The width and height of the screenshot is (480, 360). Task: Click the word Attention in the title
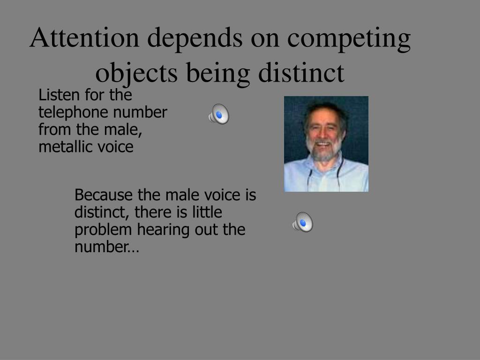[84, 37]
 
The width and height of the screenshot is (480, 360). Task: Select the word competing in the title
[349, 39]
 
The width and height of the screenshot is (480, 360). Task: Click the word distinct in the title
[301, 73]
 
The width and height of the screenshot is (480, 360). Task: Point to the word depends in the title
[195, 39]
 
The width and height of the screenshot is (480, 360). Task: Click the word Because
[104, 195]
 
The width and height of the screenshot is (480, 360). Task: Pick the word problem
[103, 230]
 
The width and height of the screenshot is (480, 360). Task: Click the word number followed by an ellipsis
[106, 247]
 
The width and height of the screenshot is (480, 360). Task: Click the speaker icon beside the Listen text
[219, 114]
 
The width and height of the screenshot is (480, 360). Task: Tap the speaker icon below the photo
[303, 222]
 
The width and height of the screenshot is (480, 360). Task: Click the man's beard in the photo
[324, 150]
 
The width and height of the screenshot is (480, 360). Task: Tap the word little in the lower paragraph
[207, 212]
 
